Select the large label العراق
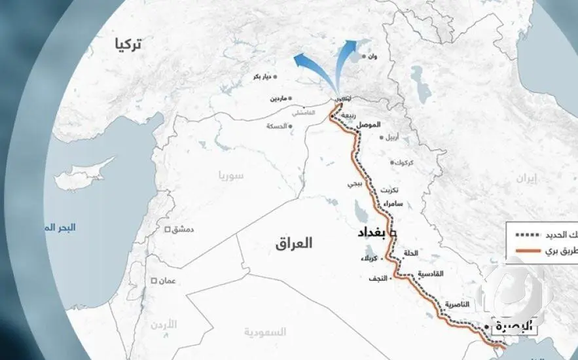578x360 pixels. [294, 243]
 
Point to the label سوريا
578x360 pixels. [231, 176]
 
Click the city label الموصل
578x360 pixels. [369, 124]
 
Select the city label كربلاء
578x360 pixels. [369, 258]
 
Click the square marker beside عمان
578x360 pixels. [154, 281]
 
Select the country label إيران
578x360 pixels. [526, 178]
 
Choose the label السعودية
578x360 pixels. [265, 332]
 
